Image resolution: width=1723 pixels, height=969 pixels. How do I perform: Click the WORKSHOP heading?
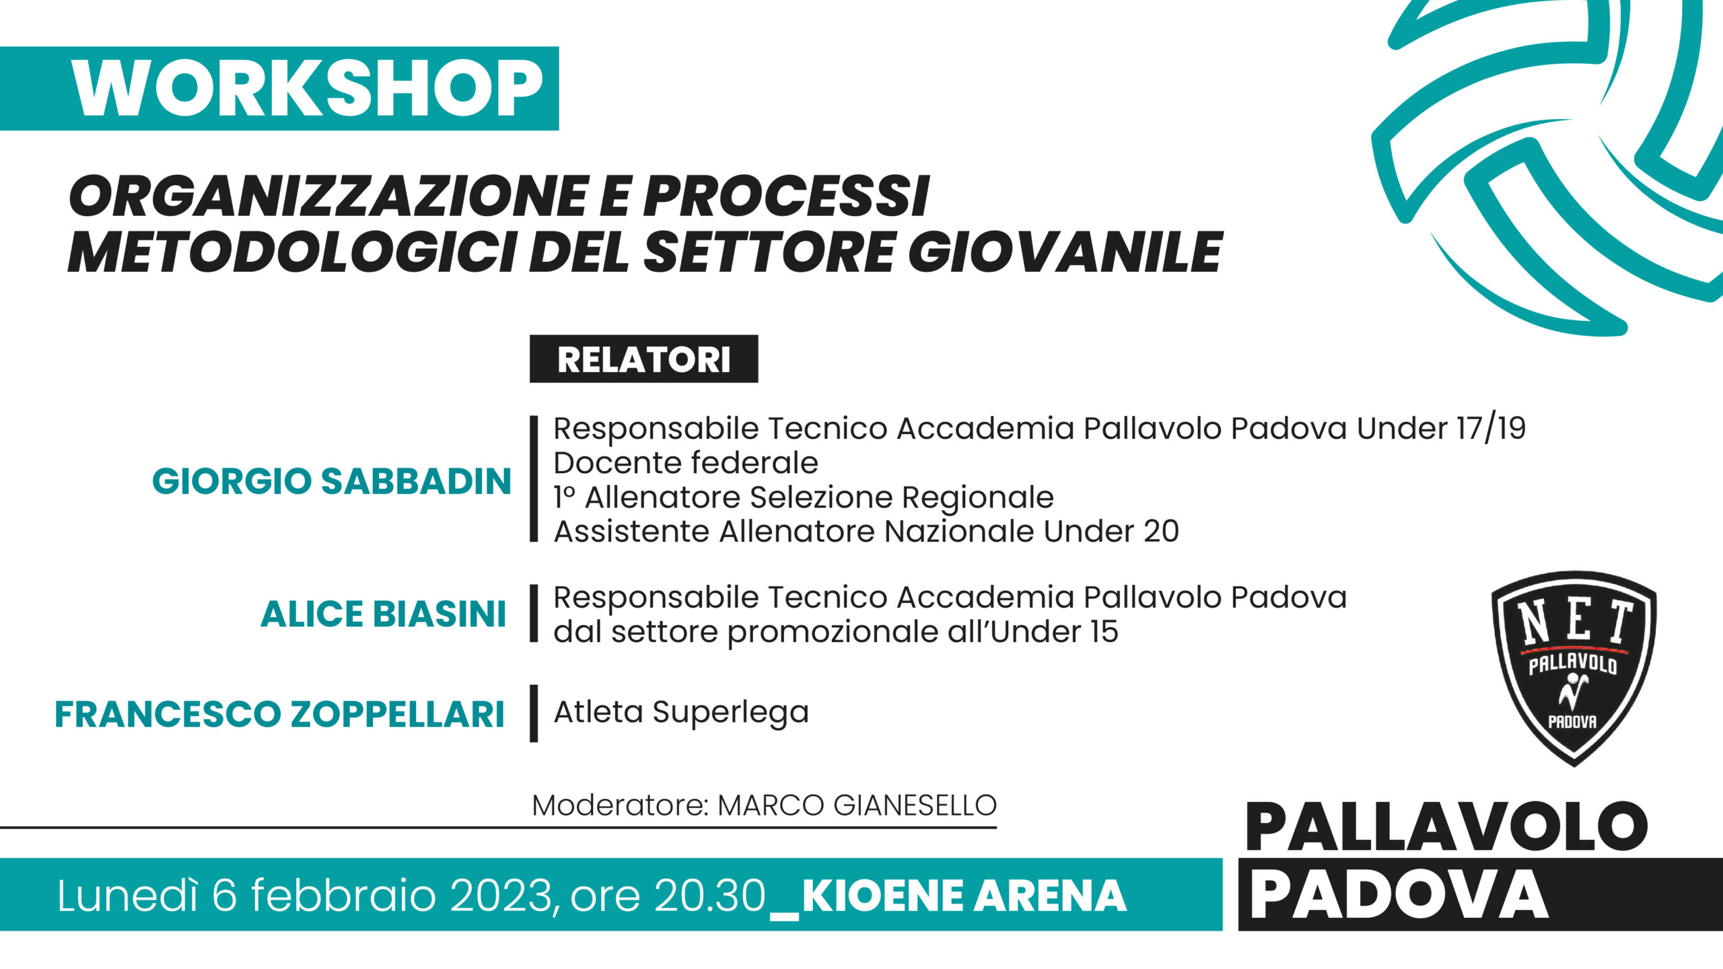308,89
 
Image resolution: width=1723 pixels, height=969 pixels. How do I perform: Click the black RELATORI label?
643,359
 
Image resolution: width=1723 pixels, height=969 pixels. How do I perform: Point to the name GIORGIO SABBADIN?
332,481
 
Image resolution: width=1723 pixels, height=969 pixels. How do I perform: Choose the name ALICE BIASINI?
383,614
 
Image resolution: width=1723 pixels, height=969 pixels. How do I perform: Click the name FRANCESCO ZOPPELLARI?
279,714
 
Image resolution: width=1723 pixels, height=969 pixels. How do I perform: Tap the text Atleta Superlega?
681,713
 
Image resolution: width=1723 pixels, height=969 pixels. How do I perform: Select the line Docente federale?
686,463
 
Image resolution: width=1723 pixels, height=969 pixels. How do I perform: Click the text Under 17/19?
1441,429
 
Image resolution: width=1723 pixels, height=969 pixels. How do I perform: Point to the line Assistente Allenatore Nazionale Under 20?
866,532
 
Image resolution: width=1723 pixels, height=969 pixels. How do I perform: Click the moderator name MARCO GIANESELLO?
857,805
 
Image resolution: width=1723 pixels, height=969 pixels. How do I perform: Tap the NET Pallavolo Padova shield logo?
1574,668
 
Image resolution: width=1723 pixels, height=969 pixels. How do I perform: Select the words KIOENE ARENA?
964,896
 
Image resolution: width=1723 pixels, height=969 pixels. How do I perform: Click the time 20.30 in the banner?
710,896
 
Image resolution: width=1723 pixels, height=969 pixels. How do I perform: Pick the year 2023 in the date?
501,896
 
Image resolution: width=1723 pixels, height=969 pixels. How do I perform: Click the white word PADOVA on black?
1399,895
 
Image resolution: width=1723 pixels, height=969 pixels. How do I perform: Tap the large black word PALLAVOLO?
1446,827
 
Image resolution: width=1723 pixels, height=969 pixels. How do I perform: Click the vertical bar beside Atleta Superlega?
534,713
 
